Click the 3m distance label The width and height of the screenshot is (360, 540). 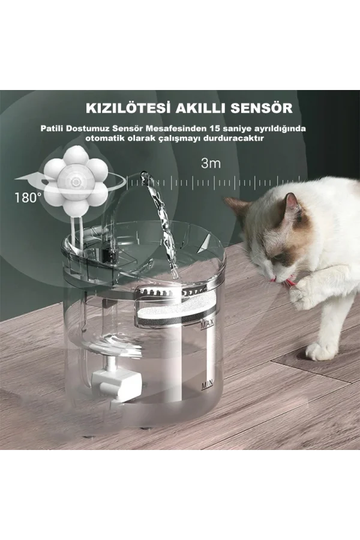[x=211, y=163]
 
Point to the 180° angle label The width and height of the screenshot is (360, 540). [x=28, y=197]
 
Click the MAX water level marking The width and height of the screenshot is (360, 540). [x=207, y=324]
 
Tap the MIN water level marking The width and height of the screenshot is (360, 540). [x=208, y=382]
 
